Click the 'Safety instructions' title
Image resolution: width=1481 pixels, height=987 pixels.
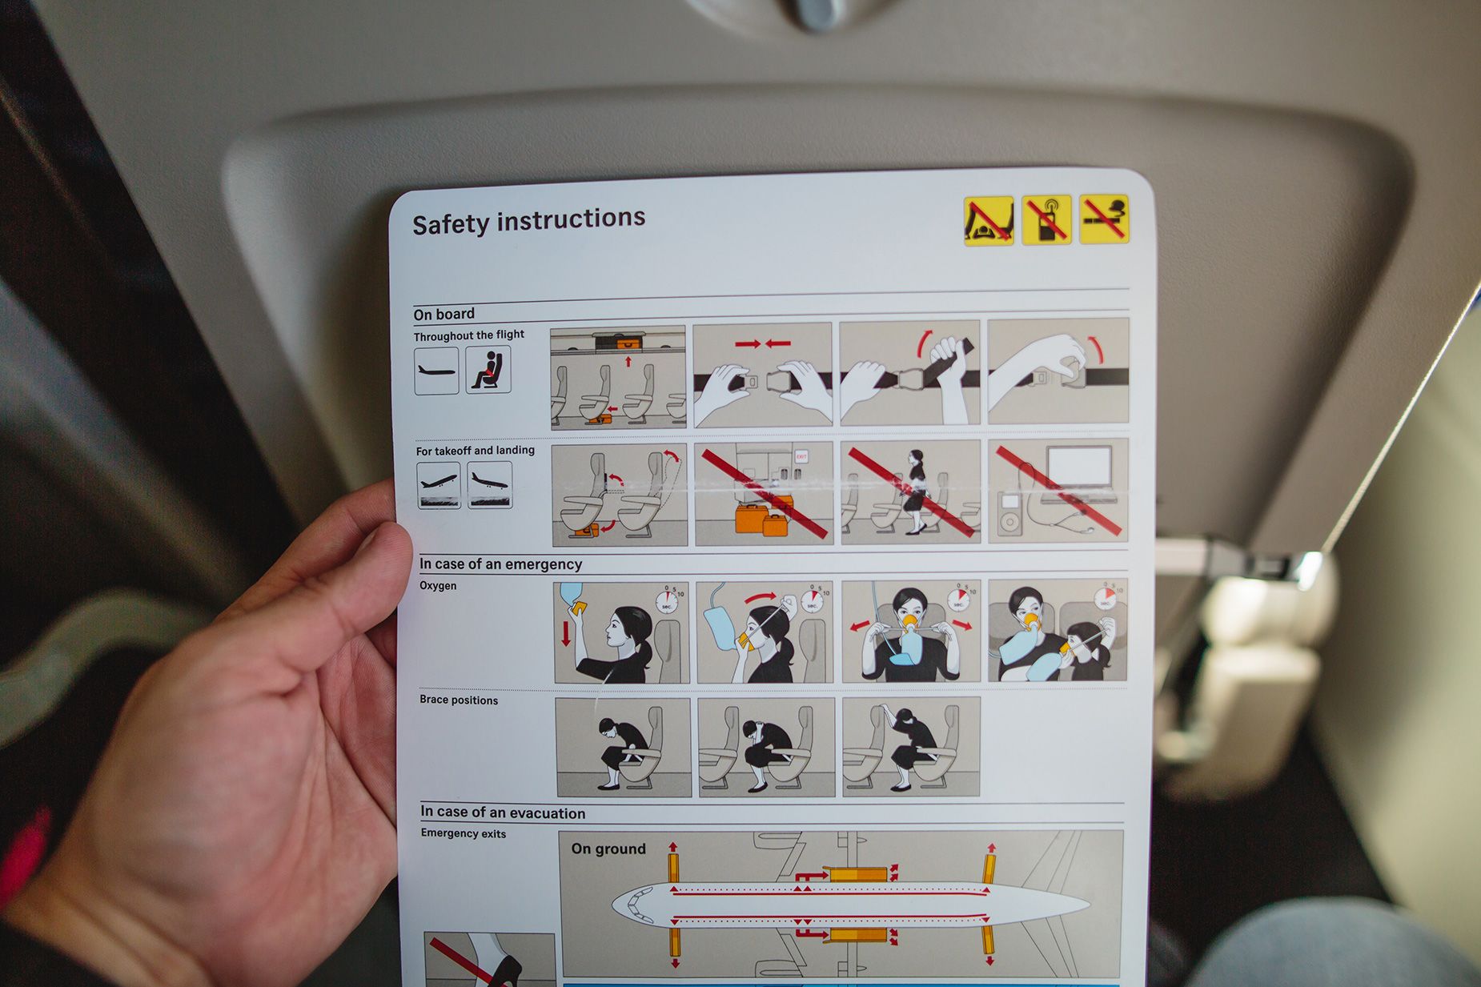pos(528,221)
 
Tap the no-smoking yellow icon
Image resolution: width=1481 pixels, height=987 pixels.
pos(1103,218)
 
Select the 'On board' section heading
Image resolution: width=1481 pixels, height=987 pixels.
pos(444,314)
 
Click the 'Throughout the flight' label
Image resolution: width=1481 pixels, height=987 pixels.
pos(469,335)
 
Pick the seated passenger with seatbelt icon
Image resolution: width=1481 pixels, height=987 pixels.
pos(489,370)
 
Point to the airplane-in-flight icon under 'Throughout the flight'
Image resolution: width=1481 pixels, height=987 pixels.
pos(436,371)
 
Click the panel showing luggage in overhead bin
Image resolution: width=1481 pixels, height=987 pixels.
pos(618,377)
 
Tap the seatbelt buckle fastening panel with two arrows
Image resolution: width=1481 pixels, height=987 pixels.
pos(762,374)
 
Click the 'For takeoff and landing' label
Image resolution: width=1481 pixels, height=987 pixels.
pos(476,451)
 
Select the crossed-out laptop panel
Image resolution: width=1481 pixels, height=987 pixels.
pos(1058,490)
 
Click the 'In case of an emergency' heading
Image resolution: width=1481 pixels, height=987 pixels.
pos(500,564)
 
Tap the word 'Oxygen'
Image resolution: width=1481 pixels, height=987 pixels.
pos(438,586)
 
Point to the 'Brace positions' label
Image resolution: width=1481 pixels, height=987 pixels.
pos(459,700)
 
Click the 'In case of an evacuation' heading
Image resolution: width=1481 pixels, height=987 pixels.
pos(503,813)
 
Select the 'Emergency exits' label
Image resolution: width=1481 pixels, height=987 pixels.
pos(464,834)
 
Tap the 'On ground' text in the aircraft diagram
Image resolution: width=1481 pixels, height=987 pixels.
pos(608,849)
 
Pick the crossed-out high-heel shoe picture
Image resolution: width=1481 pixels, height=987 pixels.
pos(489,960)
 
